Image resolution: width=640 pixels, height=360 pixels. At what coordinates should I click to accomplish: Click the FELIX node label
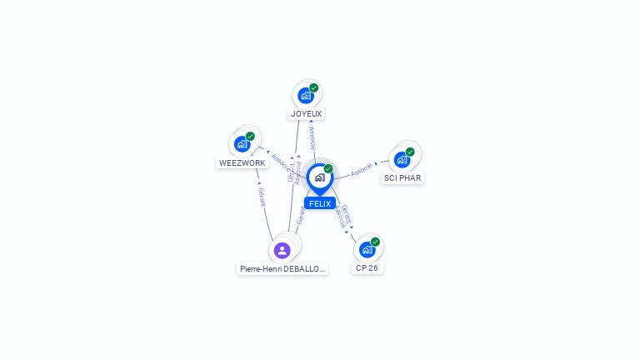[319, 203]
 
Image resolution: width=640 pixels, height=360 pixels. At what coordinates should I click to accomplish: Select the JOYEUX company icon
[306, 95]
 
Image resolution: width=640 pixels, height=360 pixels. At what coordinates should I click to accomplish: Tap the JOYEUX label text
[306, 113]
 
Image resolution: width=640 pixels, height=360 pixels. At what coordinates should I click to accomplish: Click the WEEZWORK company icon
[242, 144]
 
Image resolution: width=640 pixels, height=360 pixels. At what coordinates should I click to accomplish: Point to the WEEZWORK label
[242, 163]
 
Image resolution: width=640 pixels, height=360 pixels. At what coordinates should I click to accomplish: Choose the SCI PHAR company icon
[402, 159]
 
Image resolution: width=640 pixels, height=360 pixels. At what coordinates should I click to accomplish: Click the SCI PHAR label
[402, 178]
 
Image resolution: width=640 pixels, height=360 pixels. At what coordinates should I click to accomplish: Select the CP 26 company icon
[367, 249]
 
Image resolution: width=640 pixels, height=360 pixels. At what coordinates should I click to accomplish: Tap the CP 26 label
[367, 268]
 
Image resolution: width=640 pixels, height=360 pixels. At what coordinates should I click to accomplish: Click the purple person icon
[282, 250]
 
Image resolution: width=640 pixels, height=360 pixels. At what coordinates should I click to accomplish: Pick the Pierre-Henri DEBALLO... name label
[282, 269]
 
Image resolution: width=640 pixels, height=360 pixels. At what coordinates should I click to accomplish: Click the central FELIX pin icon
[319, 177]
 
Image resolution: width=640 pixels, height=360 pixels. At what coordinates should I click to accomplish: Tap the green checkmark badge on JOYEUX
[314, 87]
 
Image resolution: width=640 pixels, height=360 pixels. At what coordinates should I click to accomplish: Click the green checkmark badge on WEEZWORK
[250, 136]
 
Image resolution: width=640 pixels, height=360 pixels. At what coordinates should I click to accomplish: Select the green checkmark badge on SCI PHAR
[410, 152]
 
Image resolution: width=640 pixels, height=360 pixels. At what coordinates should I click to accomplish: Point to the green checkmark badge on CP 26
[375, 242]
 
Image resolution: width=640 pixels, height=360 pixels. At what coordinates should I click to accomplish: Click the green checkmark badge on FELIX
[328, 168]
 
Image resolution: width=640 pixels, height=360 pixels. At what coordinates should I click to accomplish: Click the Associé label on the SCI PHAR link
[362, 168]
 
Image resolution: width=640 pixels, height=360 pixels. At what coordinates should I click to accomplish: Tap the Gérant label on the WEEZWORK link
[262, 197]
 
